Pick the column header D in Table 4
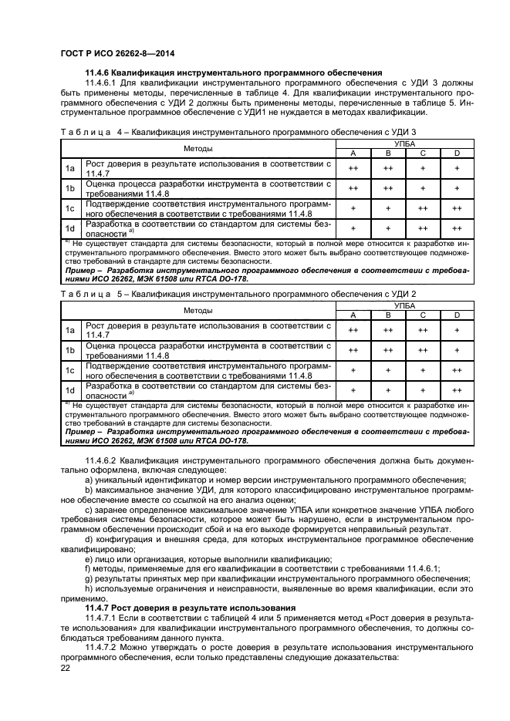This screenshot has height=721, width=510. (457, 153)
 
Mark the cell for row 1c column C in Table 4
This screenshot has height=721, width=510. (422, 208)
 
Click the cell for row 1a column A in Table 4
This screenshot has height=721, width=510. (353, 168)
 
